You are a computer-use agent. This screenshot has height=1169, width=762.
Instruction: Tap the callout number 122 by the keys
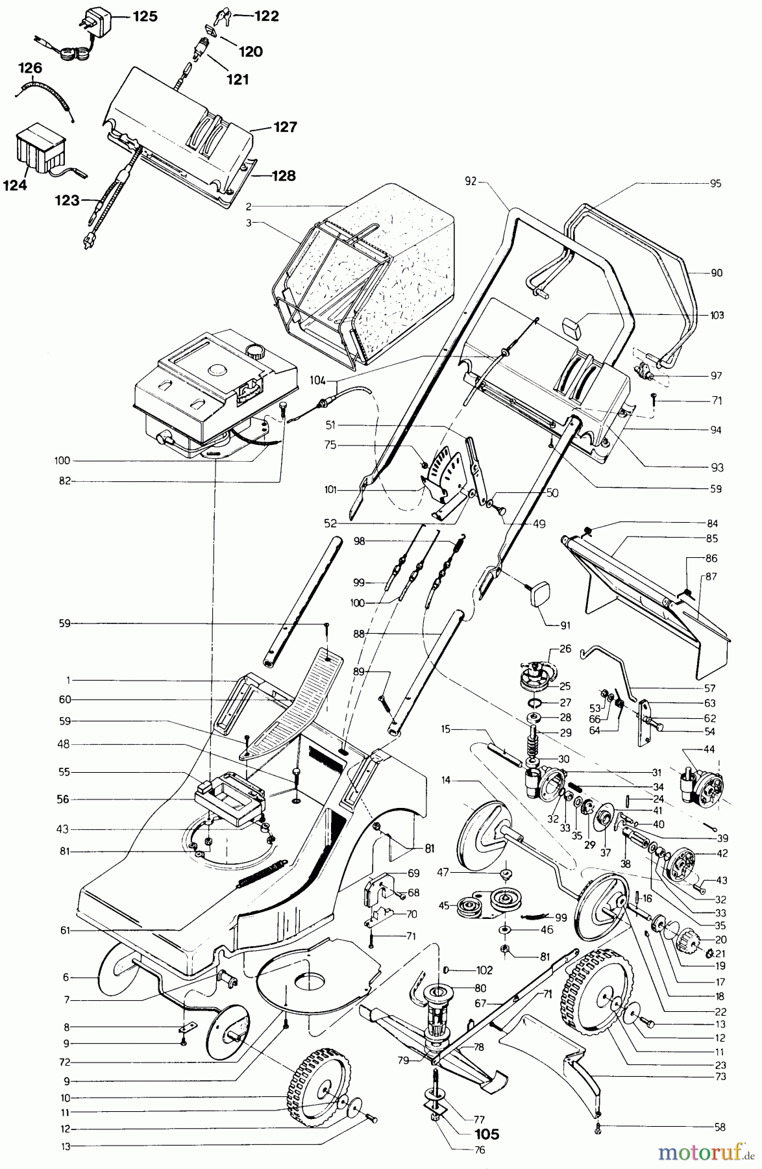point(266,16)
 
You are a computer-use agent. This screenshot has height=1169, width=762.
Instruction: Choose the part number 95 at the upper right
point(715,183)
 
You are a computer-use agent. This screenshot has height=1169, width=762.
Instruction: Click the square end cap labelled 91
point(539,594)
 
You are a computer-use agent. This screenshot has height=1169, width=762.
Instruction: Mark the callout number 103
point(717,315)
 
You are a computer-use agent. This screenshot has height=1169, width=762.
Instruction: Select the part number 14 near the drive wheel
point(446,779)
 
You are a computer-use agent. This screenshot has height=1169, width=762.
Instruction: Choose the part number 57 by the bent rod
point(709,688)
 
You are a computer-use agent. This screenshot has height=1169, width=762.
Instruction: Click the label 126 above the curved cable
point(30,68)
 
